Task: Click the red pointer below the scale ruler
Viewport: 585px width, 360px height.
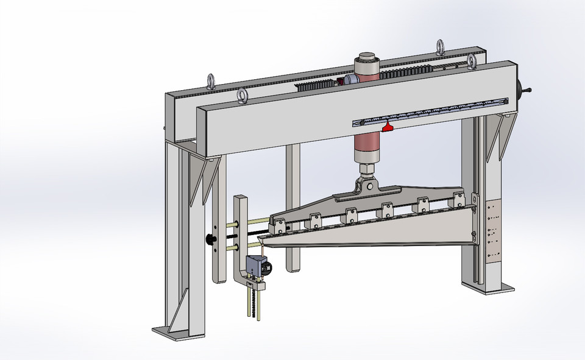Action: (x=387, y=126)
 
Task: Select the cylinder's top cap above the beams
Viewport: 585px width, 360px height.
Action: (x=367, y=58)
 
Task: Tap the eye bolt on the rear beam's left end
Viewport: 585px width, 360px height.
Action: (x=211, y=80)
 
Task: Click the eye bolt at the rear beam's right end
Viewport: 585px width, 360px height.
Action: (x=440, y=46)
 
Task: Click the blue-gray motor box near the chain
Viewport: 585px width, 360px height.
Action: (x=256, y=266)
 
